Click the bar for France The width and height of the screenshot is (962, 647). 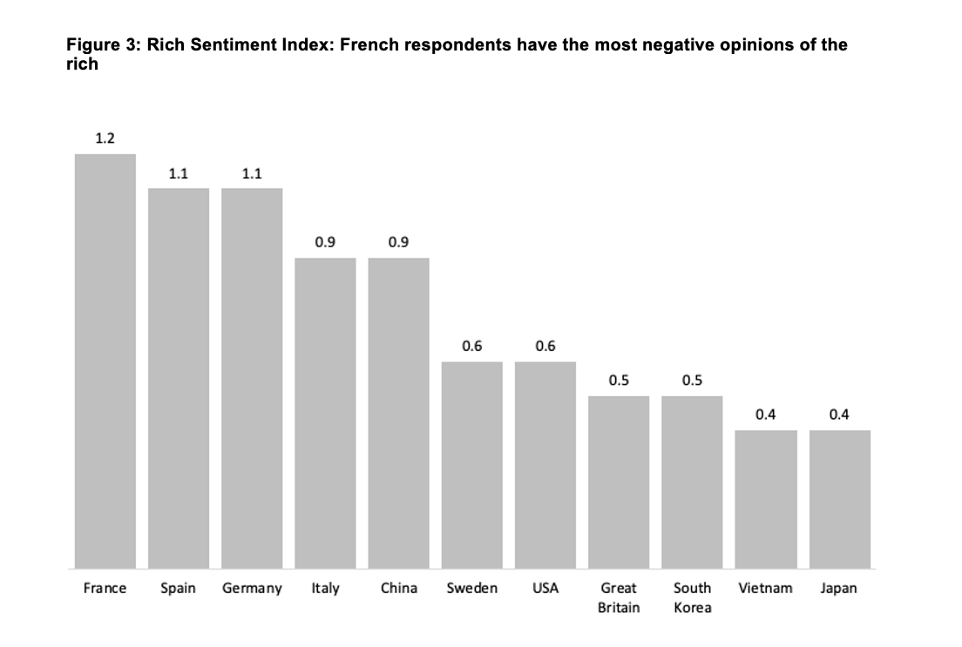(x=105, y=361)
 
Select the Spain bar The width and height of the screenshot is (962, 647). (x=179, y=378)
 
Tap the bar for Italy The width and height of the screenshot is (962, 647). (x=325, y=413)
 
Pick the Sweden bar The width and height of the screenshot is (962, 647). (x=472, y=465)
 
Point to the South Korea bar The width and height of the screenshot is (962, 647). (x=692, y=482)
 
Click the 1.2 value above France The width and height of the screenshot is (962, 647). (x=105, y=138)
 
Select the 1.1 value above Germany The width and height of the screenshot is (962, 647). (x=252, y=173)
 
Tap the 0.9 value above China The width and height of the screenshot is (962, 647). (x=398, y=242)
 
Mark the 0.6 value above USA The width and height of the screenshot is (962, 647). (x=545, y=346)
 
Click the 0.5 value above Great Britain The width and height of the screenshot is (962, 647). (x=619, y=381)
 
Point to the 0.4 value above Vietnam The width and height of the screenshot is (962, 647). (x=766, y=414)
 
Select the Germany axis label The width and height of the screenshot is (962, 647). (x=252, y=589)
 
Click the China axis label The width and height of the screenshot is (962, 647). (x=398, y=589)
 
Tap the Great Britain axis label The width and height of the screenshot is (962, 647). (x=619, y=597)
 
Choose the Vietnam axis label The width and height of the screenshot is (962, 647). (x=765, y=589)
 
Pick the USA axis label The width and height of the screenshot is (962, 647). (x=545, y=589)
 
